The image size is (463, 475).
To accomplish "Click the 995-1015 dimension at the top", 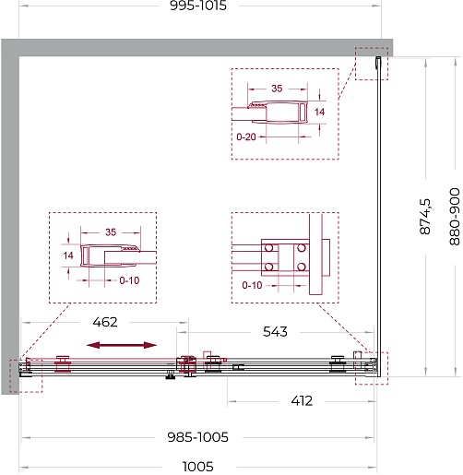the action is [x=198, y=6].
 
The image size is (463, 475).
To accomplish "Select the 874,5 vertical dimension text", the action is [x=425, y=217].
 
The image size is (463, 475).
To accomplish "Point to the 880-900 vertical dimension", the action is [x=455, y=217].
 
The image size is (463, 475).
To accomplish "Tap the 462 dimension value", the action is [x=105, y=322].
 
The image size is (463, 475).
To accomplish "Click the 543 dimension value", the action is [x=275, y=332].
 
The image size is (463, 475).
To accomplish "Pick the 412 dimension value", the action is [x=302, y=401].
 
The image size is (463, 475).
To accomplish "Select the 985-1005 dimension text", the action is [x=197, y=437].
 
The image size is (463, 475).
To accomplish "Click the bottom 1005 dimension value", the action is [x=197, y=467].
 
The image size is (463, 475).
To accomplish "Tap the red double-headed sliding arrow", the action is [x=122, y=345].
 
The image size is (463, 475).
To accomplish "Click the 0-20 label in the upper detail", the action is [x=246, y=137].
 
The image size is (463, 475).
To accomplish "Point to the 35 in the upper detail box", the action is [x=277, y=89].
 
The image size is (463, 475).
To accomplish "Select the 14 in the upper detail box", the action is [x=319, y=112].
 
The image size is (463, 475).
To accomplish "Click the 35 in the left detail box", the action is [x=111, y=232].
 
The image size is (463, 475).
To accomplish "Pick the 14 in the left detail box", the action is [x=68, y=255].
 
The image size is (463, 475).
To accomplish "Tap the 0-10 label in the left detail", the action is [x=129, y=280].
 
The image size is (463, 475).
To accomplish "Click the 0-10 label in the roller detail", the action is [x=252, y=285].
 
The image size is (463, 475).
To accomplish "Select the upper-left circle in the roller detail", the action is [x=269, y=247].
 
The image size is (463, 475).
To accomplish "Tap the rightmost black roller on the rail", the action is [x=338, y=363].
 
